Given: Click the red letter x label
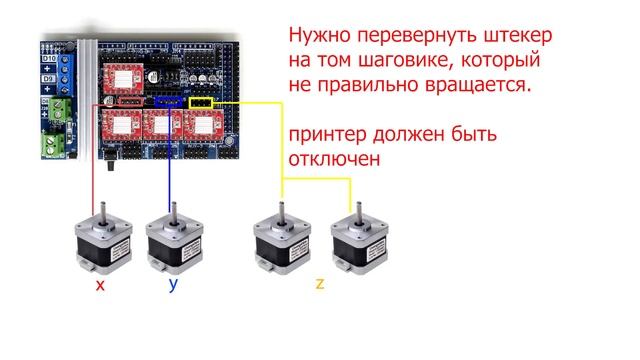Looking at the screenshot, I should click(99, 285).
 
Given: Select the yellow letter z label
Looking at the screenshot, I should click(319, 284).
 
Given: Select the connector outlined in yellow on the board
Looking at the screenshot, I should click(200, 102).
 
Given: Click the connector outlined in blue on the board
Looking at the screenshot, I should click(169, 102).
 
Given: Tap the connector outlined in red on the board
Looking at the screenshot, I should click(110, 103).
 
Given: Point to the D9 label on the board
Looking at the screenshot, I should click(46, 76).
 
